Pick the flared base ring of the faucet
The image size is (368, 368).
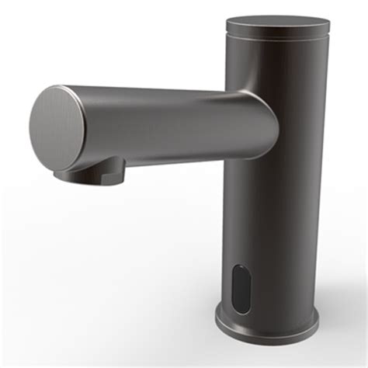point(268,325)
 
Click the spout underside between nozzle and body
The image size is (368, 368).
point(179,159)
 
